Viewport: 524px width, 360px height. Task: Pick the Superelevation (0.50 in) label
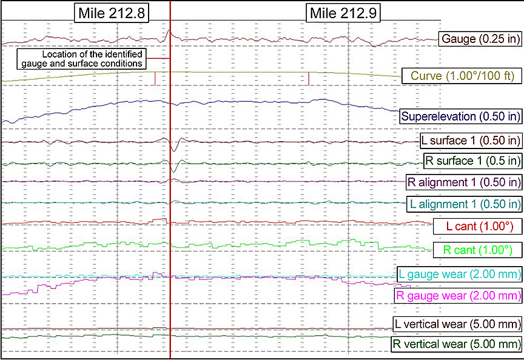(460, 115)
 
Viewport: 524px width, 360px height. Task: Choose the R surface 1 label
(472, 161)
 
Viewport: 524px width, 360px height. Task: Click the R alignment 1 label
(464, 182)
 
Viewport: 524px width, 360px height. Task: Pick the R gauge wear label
(457, 296)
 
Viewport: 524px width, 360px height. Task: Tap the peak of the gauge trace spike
(170, 31)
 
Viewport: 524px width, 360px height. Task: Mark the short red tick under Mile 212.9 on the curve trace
(309, 78)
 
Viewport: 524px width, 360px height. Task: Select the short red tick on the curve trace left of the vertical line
(155, 78)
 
